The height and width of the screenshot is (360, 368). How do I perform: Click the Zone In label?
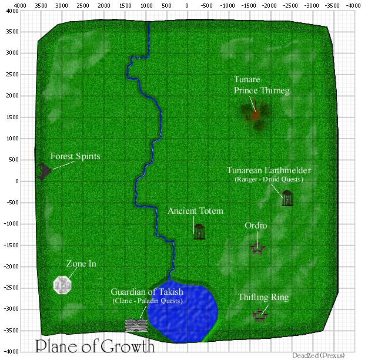(81, 264)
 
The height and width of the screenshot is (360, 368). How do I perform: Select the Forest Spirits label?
(75, 157)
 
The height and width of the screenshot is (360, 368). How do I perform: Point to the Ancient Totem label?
(196, 211)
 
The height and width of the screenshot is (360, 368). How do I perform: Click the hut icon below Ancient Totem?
(199, 231)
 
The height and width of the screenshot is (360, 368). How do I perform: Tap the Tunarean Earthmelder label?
(269, 170)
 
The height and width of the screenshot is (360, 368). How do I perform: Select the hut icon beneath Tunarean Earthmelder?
(287, 198)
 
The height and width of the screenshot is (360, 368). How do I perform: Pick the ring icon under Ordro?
(256, 248)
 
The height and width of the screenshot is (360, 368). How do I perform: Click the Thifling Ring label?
(263, 298)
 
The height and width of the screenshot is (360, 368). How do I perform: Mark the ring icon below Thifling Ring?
(259, 315)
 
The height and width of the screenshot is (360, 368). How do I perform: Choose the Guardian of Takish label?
(147, 292)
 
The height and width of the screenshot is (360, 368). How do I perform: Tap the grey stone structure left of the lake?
(136, 325)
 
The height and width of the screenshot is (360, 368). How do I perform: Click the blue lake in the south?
(183, 314)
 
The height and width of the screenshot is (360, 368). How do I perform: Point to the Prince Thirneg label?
(262, 90)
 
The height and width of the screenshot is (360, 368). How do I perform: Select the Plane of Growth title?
(95, 345)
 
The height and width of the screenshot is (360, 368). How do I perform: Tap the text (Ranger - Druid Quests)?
(269, 179)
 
